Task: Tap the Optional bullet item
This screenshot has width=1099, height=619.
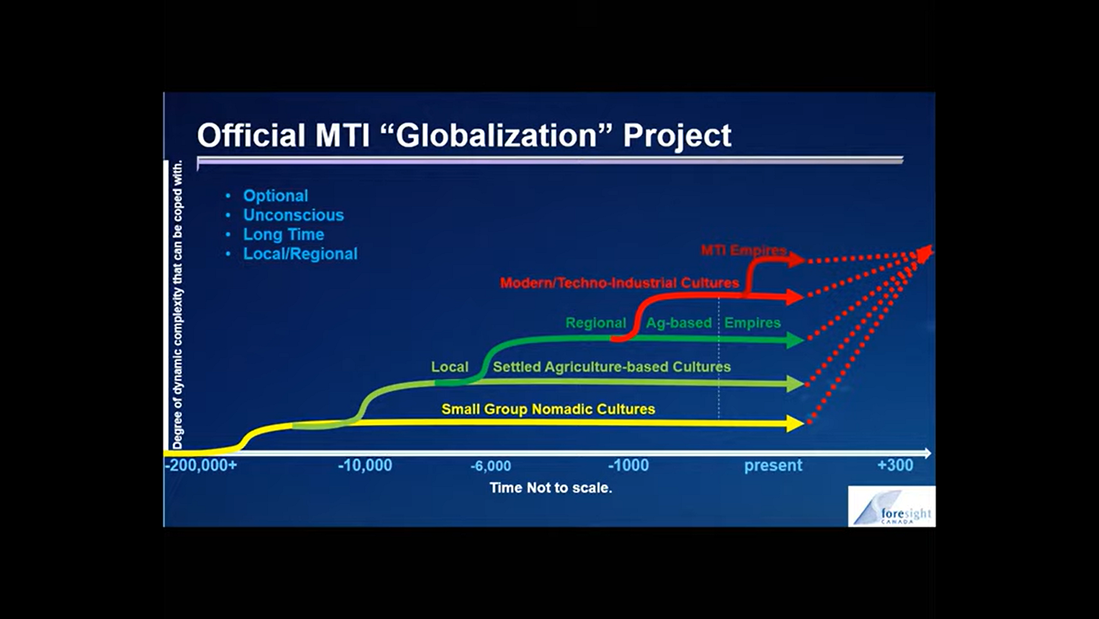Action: tap(275, 196)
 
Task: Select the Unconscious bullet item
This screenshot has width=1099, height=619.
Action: tap(293, 215)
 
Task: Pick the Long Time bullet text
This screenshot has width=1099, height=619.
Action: tap(283, 235)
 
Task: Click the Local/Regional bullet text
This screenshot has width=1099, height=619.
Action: tap(300, 254)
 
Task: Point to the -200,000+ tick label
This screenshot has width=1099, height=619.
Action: tap(201, 466)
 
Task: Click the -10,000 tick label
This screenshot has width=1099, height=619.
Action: tap(365, 466)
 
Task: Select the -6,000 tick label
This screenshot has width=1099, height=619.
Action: tap(490, 466)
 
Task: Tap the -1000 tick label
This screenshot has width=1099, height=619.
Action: tap(628, 466)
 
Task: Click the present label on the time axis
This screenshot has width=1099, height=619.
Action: tap(773, 466)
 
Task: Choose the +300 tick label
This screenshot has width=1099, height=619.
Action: tap(895, 466)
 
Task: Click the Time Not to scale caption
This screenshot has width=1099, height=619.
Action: tap(551, 488)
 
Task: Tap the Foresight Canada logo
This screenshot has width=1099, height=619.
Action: tap(892, 507)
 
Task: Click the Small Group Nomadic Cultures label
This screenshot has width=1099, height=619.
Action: tap(548, 409)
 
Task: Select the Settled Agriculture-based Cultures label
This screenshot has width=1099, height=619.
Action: tap(612, 367)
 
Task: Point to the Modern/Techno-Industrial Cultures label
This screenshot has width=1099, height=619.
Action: tap(619, 283)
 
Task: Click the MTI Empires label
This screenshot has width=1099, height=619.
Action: tap(744, 250)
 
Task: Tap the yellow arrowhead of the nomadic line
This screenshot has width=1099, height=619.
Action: tap(795, 423)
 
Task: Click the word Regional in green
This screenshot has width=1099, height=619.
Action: tap(595, 323)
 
